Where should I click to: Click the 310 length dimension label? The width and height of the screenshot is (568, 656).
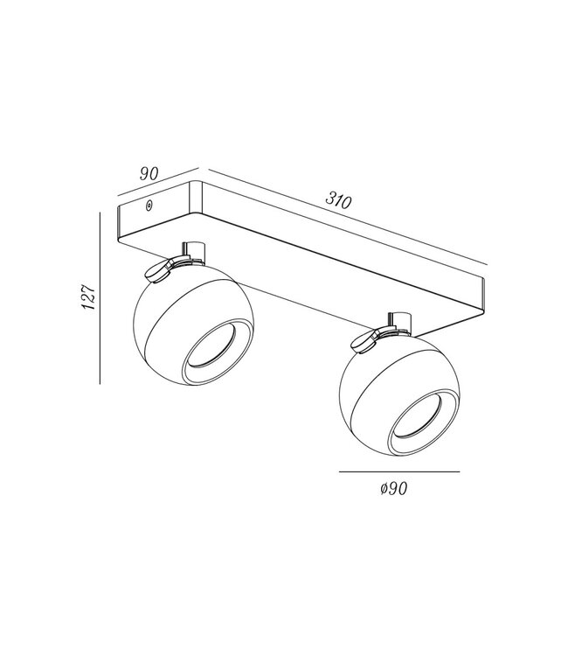tap(338, 200)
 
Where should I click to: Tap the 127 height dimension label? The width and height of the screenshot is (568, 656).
tap(88, 297)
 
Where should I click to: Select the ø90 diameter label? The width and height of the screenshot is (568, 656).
tap(394, 488)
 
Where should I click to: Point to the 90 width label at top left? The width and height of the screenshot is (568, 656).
tap(149, 173)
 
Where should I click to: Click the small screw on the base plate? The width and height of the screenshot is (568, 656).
tap(149, 206)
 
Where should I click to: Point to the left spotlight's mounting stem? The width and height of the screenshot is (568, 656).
tap(193, 253)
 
